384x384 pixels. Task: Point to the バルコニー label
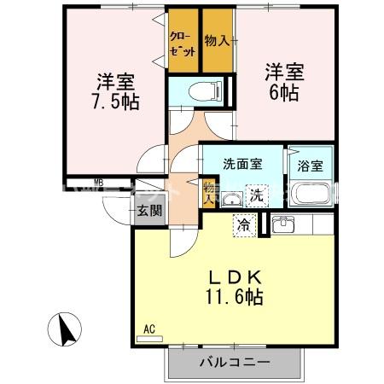coord(236,363)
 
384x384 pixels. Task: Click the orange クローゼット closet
coord(183,44)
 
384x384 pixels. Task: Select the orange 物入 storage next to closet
coord(218,41)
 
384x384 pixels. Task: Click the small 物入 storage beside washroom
coord(209,191)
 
